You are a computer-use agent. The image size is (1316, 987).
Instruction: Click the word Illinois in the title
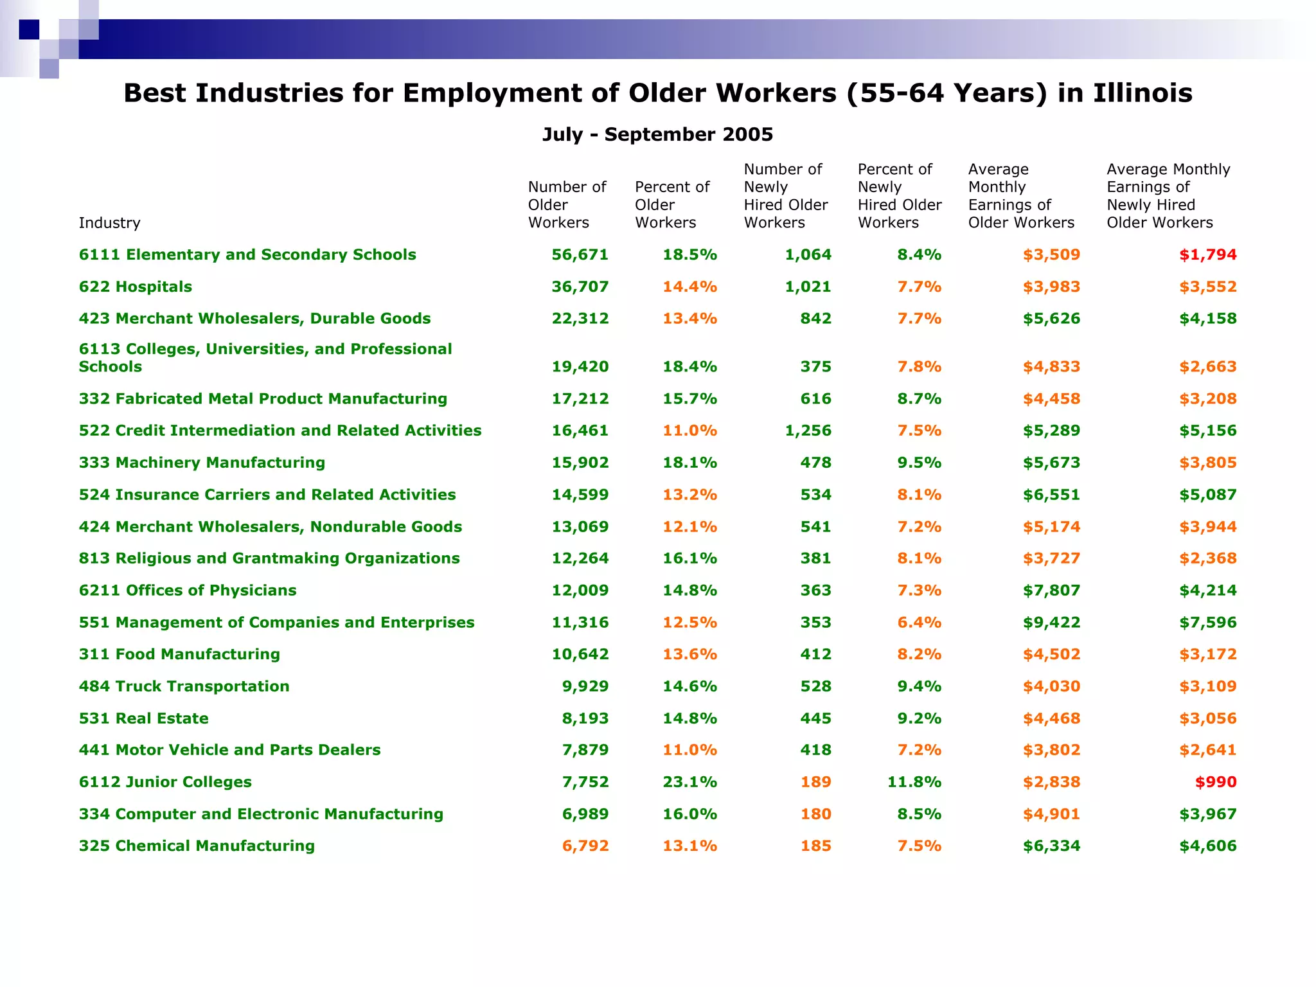point(1143,93)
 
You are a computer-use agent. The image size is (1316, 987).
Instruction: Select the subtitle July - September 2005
point(657,134)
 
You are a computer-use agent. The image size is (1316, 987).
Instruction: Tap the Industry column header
point(109,223)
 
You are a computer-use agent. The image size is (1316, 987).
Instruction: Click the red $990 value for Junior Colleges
point(1215,782)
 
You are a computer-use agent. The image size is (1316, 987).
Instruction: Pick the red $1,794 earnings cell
point(1207,255)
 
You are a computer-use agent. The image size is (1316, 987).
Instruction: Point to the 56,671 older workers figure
point(580,255)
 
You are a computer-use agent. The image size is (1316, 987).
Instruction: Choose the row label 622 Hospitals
point(136,287)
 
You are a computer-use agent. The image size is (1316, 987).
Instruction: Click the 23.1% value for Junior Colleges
point(689,782)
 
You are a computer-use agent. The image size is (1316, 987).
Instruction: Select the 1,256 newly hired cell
point(808,431)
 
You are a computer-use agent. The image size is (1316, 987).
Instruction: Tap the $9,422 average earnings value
point(1051,623)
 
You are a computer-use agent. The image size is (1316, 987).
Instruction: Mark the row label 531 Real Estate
point(144,718)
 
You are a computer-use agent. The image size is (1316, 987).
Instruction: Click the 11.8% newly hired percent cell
point(914,782)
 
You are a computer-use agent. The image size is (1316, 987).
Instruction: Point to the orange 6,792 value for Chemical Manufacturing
point(585,846)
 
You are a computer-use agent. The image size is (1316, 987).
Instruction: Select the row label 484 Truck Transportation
point(184,686)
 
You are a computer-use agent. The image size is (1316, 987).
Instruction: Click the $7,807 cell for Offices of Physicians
point(1051,591)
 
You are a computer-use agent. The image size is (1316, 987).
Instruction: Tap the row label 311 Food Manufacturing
point(180,654)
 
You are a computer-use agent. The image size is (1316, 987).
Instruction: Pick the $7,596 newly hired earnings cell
point(1207,623)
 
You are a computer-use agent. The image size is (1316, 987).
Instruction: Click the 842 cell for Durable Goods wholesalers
point(815,319)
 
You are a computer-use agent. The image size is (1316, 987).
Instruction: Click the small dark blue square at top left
point(29,30)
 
